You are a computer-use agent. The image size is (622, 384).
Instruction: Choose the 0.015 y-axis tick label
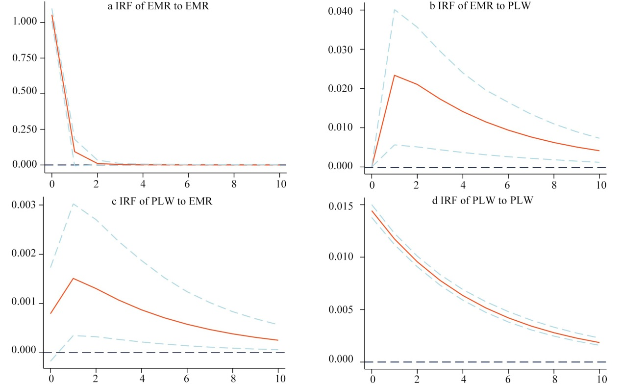pos(343,205)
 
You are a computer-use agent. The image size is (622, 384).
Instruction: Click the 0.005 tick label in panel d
pos(343,310)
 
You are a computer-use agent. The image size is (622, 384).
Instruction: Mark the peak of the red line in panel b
pos(395,75)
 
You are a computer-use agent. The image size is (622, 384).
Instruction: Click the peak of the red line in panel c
pos(73,278)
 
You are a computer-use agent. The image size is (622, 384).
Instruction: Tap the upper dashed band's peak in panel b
pos(395,9)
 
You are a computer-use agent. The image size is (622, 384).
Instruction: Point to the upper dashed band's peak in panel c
pos(73,204)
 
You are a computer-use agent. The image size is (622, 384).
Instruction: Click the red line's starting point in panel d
pos(373,211)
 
